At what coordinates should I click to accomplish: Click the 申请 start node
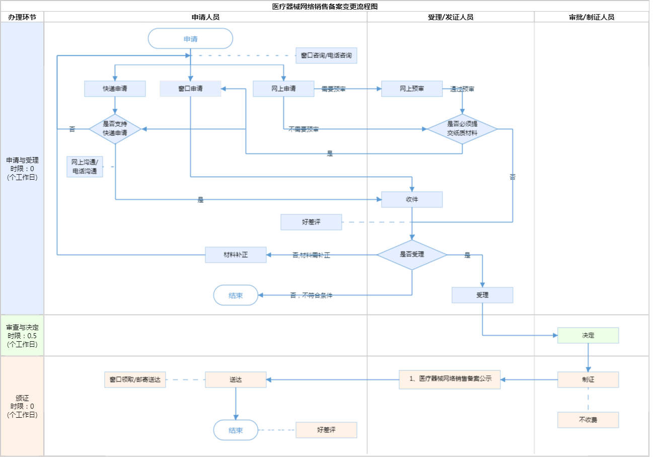pyautogui.click(x=190, y=38)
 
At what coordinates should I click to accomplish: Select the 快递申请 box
pyautogui.click(x=115, y=89)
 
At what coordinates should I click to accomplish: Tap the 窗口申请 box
pyautogui.click(x=190, y=89)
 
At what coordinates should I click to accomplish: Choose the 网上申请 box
pyautogui.click(x=283, y=89)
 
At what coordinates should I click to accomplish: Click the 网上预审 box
pyautogui.click(x=412, y=89)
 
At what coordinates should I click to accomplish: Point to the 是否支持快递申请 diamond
pyautogui.click(x=115, y=129)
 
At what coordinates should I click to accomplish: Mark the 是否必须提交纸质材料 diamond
pyautogui.click(x=462, y=129)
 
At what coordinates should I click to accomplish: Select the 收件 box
pyautogui.click(x=412, y=199)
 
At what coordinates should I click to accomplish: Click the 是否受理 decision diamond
pyautogui.click(x=412, y=255)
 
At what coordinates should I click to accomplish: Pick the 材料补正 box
pyautogui.click(x=236, y=255)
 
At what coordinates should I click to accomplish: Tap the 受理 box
pyautogui.click(x=482, y=295)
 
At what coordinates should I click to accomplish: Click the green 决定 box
pyautogui.click(x=588, y=335)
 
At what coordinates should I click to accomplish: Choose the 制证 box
pyautogui.click(x=588, y=379)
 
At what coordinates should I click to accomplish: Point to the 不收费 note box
pyautogui.click(x=588, y=420)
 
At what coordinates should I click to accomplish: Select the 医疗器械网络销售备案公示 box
pyautogui.click(x=450, y=379)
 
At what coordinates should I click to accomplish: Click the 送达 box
pyautogui.click(x=236, y=379)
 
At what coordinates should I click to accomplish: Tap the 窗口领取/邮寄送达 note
pyautogui.click(x=135, y=379)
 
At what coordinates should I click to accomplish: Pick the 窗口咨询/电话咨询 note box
pyautogui.click(x=326, y=55)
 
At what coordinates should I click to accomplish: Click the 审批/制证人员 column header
pyautogui.click(x=592, y=17)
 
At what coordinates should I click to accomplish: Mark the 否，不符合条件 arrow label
pyautogui.click(x=311, y=295)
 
